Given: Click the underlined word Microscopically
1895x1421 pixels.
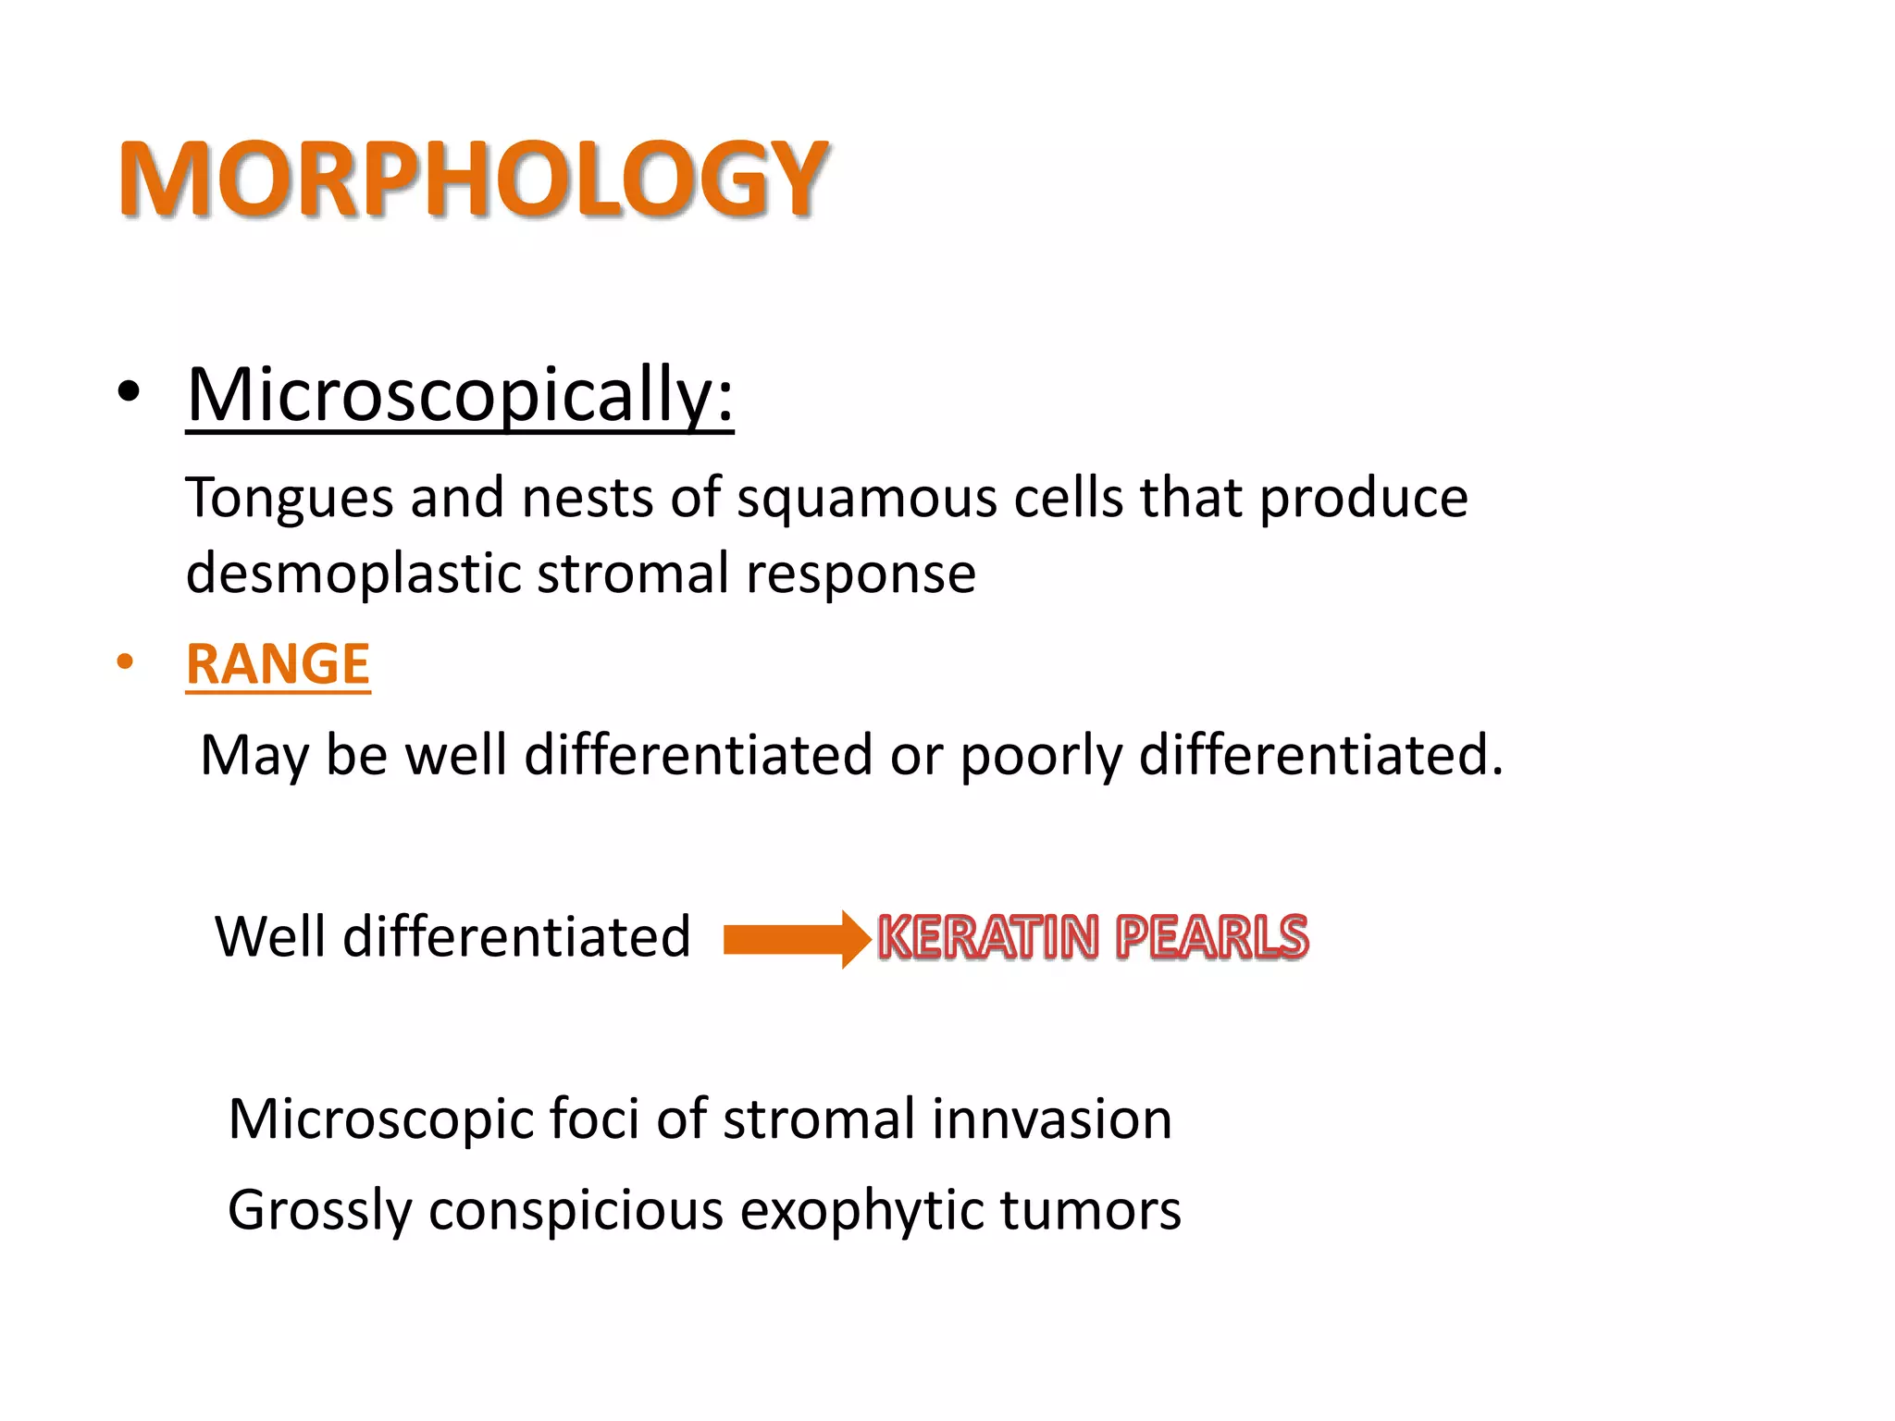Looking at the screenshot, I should [460, 395].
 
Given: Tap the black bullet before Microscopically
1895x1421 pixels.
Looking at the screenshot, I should [129, 392].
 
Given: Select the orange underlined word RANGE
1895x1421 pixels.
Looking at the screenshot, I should [278, 663].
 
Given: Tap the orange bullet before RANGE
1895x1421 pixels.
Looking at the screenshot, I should [125, 662].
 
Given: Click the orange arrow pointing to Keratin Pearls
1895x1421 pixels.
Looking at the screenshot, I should [796, 939].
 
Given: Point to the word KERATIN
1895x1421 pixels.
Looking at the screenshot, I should [988, 936].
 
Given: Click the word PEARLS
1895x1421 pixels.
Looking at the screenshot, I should [1211, 936].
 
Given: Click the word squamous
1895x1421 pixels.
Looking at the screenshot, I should [866, 499].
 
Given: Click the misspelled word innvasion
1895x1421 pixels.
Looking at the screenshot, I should [1052, 1118].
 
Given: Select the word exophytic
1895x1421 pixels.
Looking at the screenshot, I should [861, 1210].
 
